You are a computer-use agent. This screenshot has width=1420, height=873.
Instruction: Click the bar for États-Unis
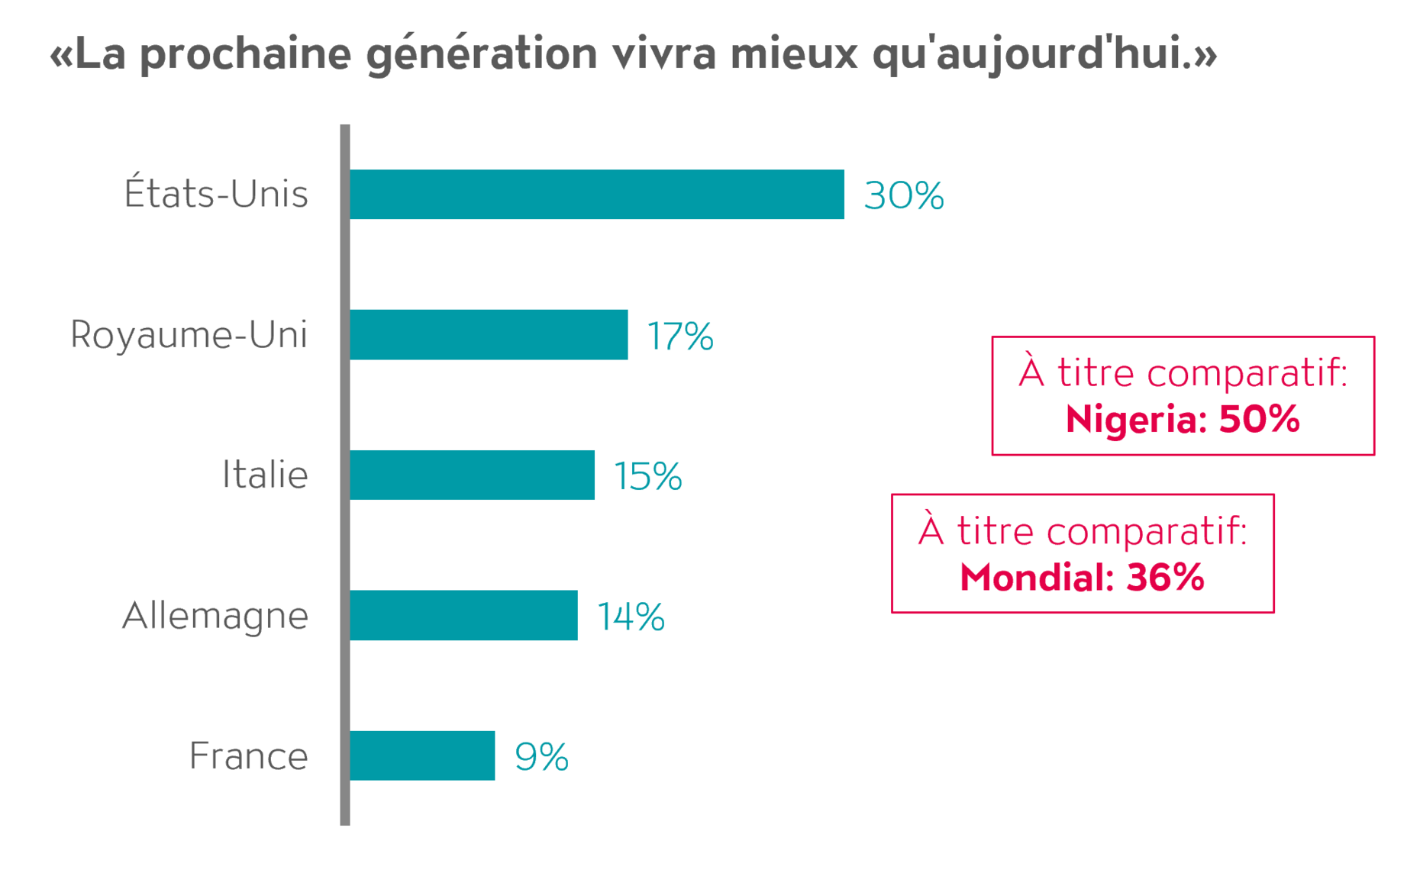tap(596, 195)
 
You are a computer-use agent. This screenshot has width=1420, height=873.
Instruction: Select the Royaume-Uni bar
tap(489, 334)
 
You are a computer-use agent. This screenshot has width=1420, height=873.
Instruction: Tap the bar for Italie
tap(472, 475)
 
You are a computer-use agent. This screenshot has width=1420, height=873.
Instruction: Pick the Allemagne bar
tap(463, 615)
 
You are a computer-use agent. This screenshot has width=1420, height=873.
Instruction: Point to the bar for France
tap(422, 755)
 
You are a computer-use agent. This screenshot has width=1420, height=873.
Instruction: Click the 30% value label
tap(904, 195)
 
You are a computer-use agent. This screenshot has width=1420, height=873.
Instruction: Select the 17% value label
tap(680, 336)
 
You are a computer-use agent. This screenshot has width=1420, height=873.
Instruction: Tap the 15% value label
tap(647, 476)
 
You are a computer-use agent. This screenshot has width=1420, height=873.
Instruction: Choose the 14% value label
tap(631, 617)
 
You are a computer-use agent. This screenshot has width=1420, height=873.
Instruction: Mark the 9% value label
tap(541, 757)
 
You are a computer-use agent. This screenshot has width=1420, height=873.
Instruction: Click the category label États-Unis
tap(216, 194)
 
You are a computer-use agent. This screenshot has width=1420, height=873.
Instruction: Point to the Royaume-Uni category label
tap(189, 334)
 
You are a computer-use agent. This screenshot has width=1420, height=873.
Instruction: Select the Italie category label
tap(265, 475)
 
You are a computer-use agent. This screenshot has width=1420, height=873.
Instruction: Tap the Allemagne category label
tap(215, 615)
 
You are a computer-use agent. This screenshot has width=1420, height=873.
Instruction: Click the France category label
tap(248, 755)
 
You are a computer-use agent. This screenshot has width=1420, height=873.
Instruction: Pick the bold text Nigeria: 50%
tap(1183, 419)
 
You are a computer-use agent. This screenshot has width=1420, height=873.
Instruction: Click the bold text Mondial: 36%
tap(1082, 577)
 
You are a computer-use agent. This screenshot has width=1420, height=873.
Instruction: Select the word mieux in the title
tap(794, 53)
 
